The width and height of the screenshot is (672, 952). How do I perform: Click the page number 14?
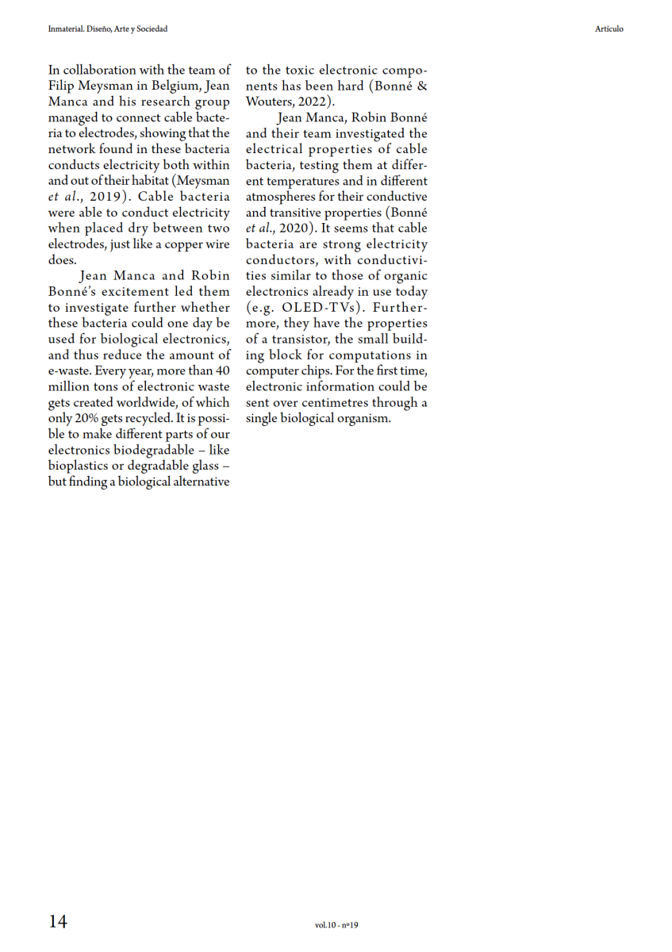point(58,921)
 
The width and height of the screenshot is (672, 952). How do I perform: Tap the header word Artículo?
point(609,29)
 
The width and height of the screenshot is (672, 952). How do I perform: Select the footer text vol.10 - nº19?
point(336,925)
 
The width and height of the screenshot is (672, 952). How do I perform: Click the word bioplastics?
point(78,466)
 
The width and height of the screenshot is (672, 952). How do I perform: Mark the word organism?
point(362,418)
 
